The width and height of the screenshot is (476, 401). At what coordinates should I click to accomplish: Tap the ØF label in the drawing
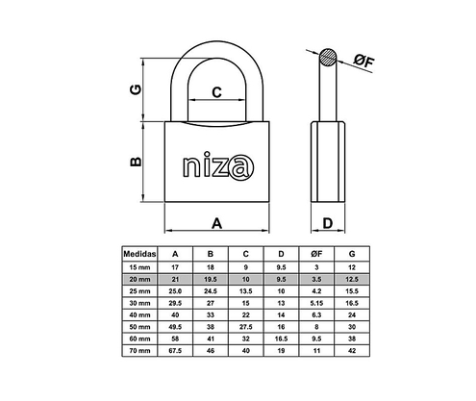363,63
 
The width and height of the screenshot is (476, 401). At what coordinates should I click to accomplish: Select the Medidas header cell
139,252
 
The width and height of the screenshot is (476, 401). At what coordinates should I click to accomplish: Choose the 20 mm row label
139,277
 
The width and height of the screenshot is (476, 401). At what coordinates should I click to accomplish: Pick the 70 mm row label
139,352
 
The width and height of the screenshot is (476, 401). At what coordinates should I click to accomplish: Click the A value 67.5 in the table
174,352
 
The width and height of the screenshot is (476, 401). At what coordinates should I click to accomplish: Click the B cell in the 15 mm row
210,264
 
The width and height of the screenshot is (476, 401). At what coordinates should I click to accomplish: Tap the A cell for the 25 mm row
174,289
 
